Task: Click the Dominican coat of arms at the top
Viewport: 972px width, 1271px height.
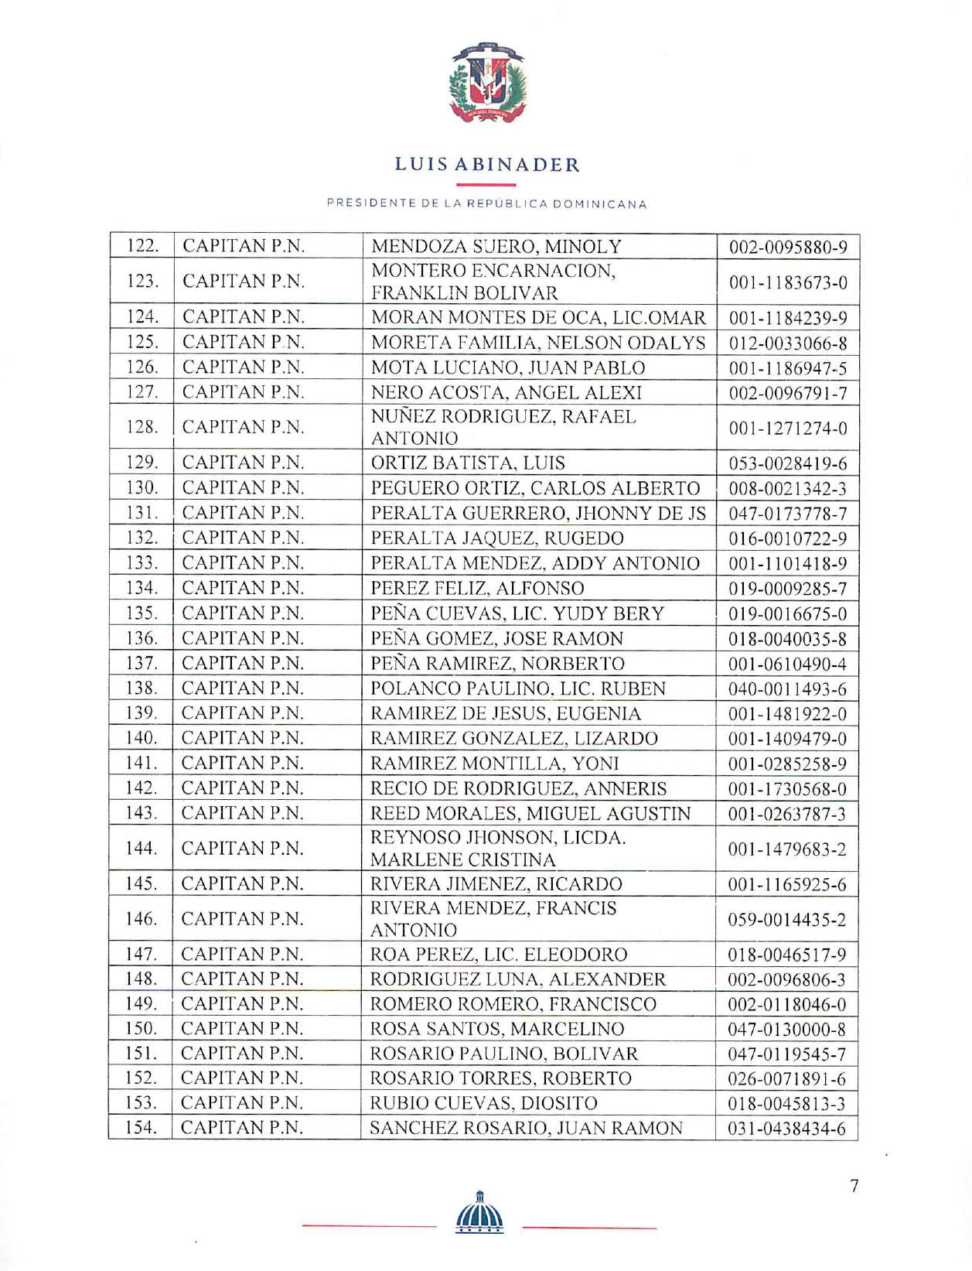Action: tap(486, 84)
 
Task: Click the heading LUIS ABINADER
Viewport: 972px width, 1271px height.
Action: tap(486, 165)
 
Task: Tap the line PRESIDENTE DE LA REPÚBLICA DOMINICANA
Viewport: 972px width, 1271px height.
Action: tap(486, 204)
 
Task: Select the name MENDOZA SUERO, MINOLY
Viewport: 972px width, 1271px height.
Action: tap(496, 247)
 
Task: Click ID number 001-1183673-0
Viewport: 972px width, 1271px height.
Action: tap(787, 282)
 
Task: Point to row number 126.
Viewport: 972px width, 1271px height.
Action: tap(142, 367)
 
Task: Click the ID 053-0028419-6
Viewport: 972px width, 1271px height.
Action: tap(787, 463)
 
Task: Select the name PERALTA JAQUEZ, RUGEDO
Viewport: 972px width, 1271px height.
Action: tap(497, 538)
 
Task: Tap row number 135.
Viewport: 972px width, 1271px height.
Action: tap(142, 613)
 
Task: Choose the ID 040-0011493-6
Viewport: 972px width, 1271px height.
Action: tap(787, 688)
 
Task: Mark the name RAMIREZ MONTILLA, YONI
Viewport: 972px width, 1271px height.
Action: tap(495, 764)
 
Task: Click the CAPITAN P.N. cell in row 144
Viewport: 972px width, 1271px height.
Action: tap(243, 849)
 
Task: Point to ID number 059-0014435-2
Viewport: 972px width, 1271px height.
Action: tap(787, 920)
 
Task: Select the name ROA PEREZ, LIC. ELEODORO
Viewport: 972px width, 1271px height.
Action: tap(499, 955)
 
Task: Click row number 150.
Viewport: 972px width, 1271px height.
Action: tap(142, 1028)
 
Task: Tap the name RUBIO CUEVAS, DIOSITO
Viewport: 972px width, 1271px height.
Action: tap(484, 1102)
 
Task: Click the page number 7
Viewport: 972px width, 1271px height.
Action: tap(854, 1186)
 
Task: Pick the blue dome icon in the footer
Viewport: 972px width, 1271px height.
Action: tap(479, 1211)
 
